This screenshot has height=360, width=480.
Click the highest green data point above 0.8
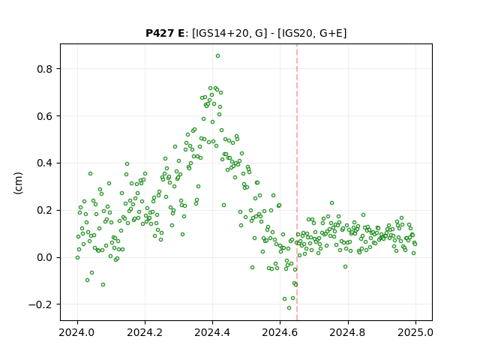pos(217,56)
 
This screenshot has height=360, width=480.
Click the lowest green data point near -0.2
pos(289,308)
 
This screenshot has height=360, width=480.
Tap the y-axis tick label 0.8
pos(45,69)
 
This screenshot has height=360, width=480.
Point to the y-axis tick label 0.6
pos(45,116)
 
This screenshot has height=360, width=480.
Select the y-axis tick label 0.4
pos(45,163)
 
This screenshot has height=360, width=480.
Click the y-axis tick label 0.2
pos(45,210)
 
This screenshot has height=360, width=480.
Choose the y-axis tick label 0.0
pos(45,257)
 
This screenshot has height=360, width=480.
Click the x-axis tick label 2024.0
pos(77,332)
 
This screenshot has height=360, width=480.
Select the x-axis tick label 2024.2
pos(145,332)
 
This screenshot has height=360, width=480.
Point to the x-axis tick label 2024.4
pos(212,332)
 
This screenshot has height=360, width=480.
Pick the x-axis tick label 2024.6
pos(280,332)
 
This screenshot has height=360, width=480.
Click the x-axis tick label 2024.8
pos(348,332)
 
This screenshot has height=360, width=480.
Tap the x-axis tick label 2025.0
pos(415,332)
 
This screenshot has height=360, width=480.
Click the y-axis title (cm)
pos(18,183)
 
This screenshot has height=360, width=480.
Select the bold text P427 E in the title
pos(165,33)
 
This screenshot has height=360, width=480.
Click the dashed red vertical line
pos(297,182)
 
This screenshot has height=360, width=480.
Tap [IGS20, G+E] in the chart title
pos(312,33)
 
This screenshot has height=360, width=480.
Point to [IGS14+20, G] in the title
pos(228,33)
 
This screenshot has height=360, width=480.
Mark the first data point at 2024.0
pos(77,258)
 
